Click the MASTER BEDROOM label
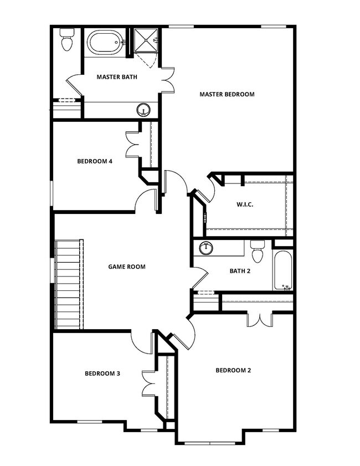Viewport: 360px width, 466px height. (227, 94)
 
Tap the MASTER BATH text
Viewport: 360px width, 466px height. (117, 77)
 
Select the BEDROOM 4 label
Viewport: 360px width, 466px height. (95, 161)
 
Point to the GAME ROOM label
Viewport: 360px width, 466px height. (127, 267)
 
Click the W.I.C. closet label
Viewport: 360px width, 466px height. (245, 204)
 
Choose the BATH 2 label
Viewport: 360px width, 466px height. (240, 271)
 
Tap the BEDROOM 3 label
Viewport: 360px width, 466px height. (102, 373)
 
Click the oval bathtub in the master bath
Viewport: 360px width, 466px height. (105, 42)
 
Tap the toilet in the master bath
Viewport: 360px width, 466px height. (67, 40)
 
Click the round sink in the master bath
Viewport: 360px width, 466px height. (144, 110)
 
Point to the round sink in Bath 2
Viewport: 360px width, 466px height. (207, 248)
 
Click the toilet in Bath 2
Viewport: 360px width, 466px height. (258, 253)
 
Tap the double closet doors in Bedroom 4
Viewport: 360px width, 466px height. (132, 145)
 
